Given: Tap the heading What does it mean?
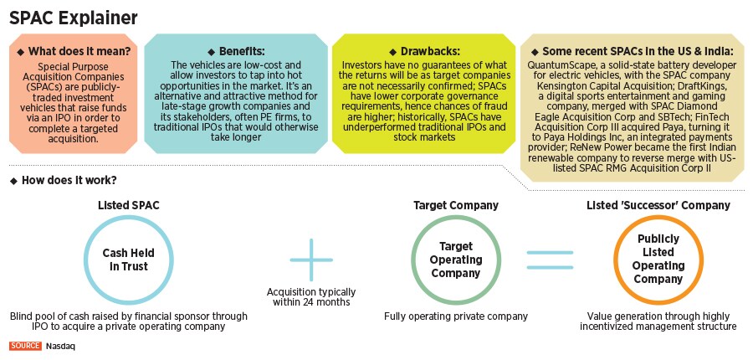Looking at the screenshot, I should (x=78, y=51).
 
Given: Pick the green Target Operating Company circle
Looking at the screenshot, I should (x=456, y=259).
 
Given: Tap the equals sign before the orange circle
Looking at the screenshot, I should (x=556, y=259).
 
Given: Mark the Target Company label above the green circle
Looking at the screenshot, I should (x=456, y=205).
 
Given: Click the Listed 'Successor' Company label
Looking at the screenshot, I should (x=657, y=205).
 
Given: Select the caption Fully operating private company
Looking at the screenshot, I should (x=456, y=316).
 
